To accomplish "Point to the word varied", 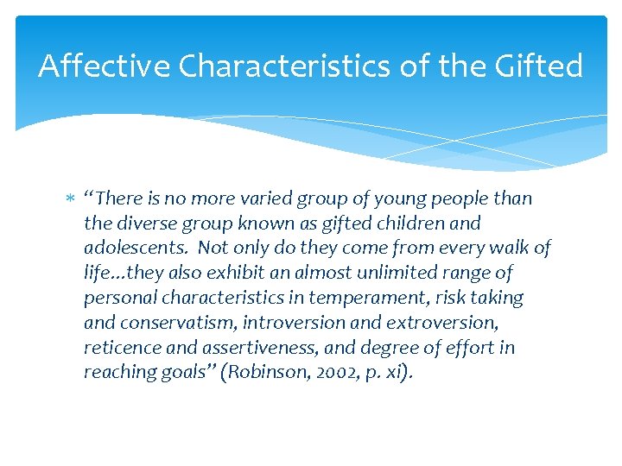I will click(264, 198).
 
